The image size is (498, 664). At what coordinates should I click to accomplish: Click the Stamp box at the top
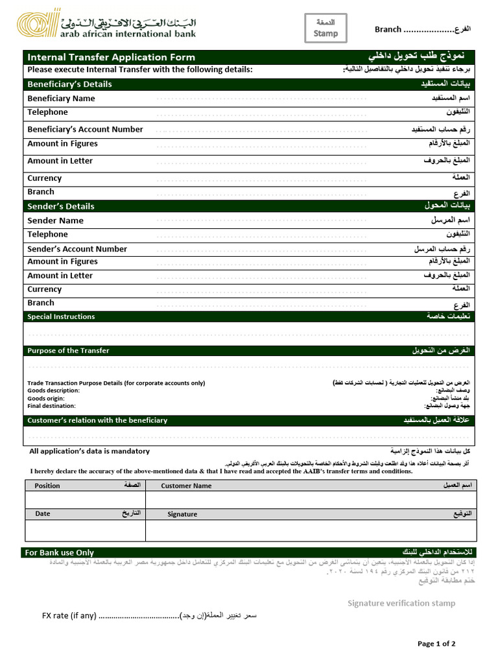[x=326, y=29]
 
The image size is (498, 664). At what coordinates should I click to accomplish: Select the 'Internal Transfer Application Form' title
[x=111, y=57]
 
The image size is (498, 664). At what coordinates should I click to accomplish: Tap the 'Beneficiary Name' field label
[x=61, y=99]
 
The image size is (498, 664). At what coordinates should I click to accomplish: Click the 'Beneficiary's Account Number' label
[x=85, y=129]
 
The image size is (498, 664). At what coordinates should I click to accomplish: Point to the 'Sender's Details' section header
[x=61, y=206]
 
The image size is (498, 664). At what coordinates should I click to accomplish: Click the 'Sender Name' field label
[x=55, y=220]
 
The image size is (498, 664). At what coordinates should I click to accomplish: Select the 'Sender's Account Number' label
[x=77, y=249]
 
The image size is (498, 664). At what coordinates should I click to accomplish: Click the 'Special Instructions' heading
[x=61, y=316]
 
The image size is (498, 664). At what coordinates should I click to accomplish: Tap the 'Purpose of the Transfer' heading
[x=68, y=351]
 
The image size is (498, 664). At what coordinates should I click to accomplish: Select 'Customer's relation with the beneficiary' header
[x=97, y=420]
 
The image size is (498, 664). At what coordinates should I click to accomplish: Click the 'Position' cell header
[x=47, y=486]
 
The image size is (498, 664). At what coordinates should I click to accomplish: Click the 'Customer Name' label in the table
[x=186, y=486]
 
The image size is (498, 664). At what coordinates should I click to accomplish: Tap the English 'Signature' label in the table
[x=182, y=514]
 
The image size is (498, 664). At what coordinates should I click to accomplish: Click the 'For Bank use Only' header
[x=59, y=552]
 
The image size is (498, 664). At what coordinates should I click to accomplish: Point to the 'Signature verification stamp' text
[x=401, y=603]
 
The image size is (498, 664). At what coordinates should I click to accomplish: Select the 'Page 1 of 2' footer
[x=436, y=644]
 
